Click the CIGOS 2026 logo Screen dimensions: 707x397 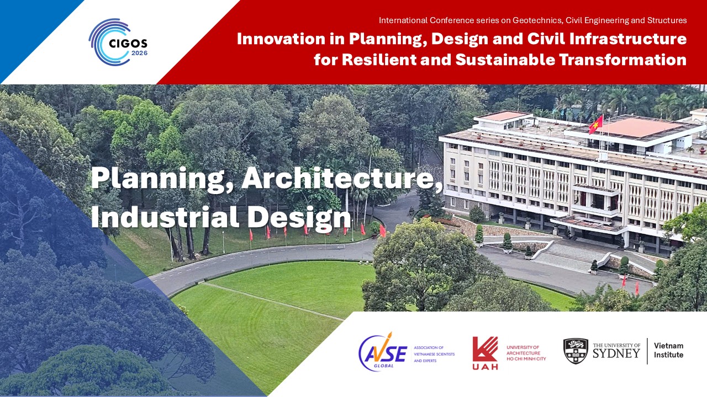[x=118, y=42]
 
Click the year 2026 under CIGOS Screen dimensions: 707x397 [x=139, y=53]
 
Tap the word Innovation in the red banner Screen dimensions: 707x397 [x=281, y=39]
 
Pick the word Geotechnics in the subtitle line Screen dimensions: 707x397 [x=537, y=20]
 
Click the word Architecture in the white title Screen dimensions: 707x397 [x=342, y=178]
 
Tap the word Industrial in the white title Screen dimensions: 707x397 [x=165, y=217]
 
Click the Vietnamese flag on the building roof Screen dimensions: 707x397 [x=596, y=124]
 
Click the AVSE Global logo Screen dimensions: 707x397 [x=383, y=352]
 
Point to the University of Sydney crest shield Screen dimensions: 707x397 [x=576, y=351]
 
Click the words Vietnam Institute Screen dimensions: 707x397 [x=668, y=350]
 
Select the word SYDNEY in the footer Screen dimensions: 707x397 [x=616, y=353]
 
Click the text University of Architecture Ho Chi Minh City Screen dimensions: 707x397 [x=526, y=353]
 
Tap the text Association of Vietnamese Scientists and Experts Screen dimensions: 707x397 [x=434, y=354]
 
